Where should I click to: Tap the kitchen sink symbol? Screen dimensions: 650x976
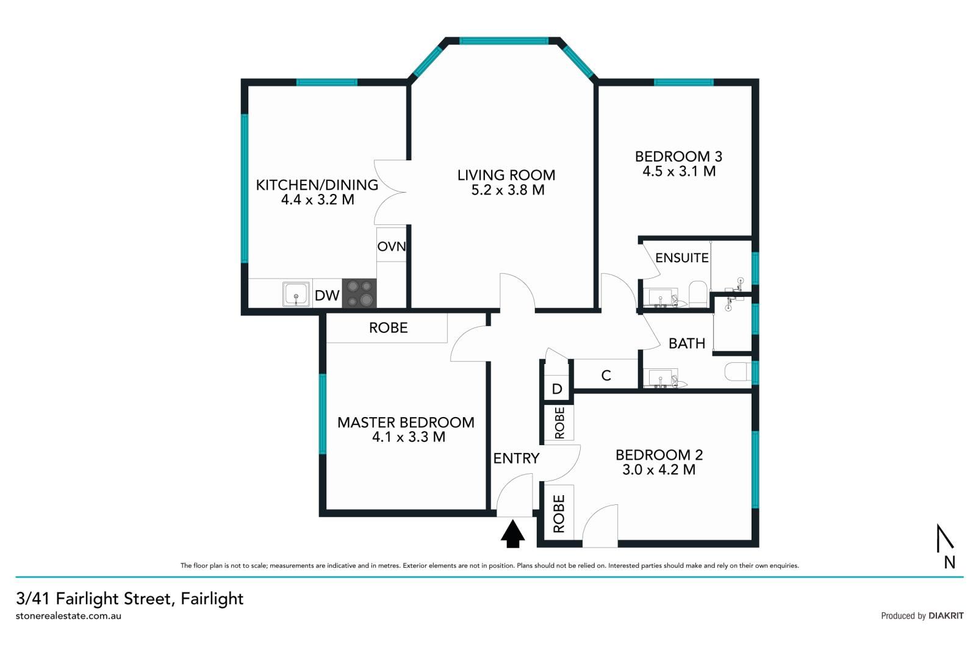pyautogui.click(x=296, y=294)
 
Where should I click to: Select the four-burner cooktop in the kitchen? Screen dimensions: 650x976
pyautogui.click(x=359, y=293)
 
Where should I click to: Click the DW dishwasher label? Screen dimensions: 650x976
pyautogui.click(x=327, y=296)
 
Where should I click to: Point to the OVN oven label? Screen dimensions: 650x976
pyautogui.click(x=391, y=246)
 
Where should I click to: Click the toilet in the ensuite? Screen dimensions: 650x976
pyautogui.click(x=697, y=293)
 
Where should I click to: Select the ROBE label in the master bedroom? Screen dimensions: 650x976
pyautogui.click(x=388, y=328)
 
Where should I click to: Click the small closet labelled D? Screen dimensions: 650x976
pyautogui.click(x=556, y=389)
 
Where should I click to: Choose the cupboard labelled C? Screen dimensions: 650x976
pyautogui.click(x=606, y=376)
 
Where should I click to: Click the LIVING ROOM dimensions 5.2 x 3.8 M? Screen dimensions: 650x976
pyautogui.click(x=508, y=190)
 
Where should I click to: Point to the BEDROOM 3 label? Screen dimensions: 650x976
pyautogui.click(x=678, y=157)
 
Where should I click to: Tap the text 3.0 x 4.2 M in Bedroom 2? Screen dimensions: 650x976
pyautogui.click(x=659, y=470)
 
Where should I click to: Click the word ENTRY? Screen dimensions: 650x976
pyautogui.click(x=516, y=459)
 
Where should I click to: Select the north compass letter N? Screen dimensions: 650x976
pyautogui.click(x=949, y=562)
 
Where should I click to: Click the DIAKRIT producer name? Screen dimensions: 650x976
pyautogui.click(x=945, y=616)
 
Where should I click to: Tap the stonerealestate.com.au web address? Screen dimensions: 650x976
pyautogui.click(x=68, y=616)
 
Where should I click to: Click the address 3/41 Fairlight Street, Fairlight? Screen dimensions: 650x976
pyautogui.click(x=129, y=598)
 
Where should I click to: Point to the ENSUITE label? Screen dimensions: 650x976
pyautogui.click(x=681, y=258)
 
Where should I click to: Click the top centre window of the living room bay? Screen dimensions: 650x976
pyautogui.click(x=503, y=41)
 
